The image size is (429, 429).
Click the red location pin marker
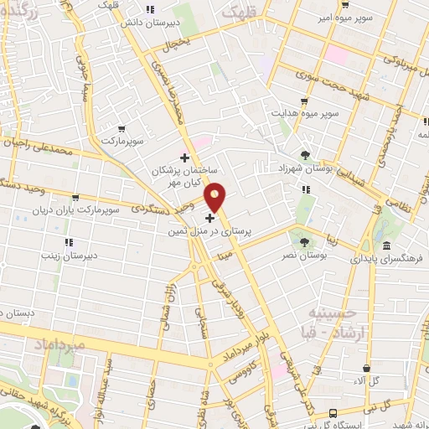[216, 198]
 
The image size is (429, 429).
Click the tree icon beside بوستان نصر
[305, 243]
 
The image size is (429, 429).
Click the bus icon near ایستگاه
[333, 413]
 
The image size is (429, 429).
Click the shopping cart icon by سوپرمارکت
[121, 129]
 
